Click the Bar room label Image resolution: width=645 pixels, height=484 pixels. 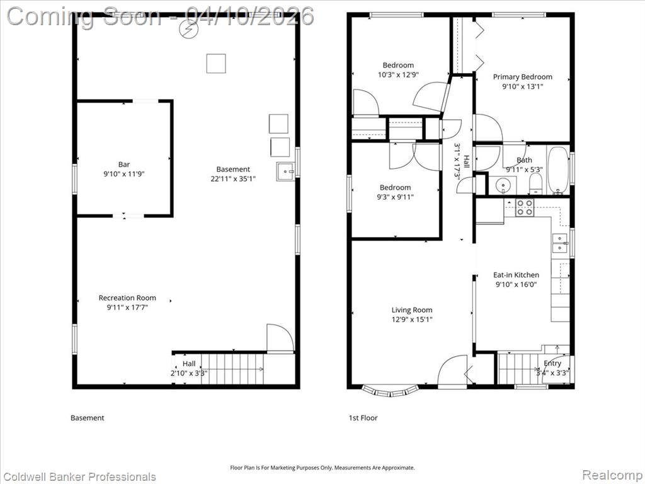click(124, 164)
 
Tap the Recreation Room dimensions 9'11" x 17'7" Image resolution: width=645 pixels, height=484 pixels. click(127, 308)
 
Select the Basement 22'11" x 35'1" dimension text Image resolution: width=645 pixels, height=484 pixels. click(233, 179)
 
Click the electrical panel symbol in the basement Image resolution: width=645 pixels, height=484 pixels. click(190, 29)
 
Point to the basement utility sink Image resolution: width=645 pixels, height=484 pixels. click(286, 171)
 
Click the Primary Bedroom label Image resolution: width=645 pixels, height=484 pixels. click(522, 76)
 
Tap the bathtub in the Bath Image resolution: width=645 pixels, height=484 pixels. click(558, 170)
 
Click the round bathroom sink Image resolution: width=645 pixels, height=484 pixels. click(503, 186)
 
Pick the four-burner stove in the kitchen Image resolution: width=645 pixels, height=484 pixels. click(525, 207)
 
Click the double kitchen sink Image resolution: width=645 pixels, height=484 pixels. click(559, 243)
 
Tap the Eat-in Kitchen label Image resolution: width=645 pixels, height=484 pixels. click(516, 275)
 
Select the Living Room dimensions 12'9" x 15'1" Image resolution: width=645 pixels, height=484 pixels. click(412, 320)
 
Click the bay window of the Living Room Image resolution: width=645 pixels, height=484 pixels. click(390, 391)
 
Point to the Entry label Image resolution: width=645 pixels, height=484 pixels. click(552, 363)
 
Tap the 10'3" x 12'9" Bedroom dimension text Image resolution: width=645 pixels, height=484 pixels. click(398, 75)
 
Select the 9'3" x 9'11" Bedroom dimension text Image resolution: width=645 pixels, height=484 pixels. click(396, 197)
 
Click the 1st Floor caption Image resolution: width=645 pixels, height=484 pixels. click(363, 418)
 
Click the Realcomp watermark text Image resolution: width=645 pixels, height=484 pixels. click(612, 475)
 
